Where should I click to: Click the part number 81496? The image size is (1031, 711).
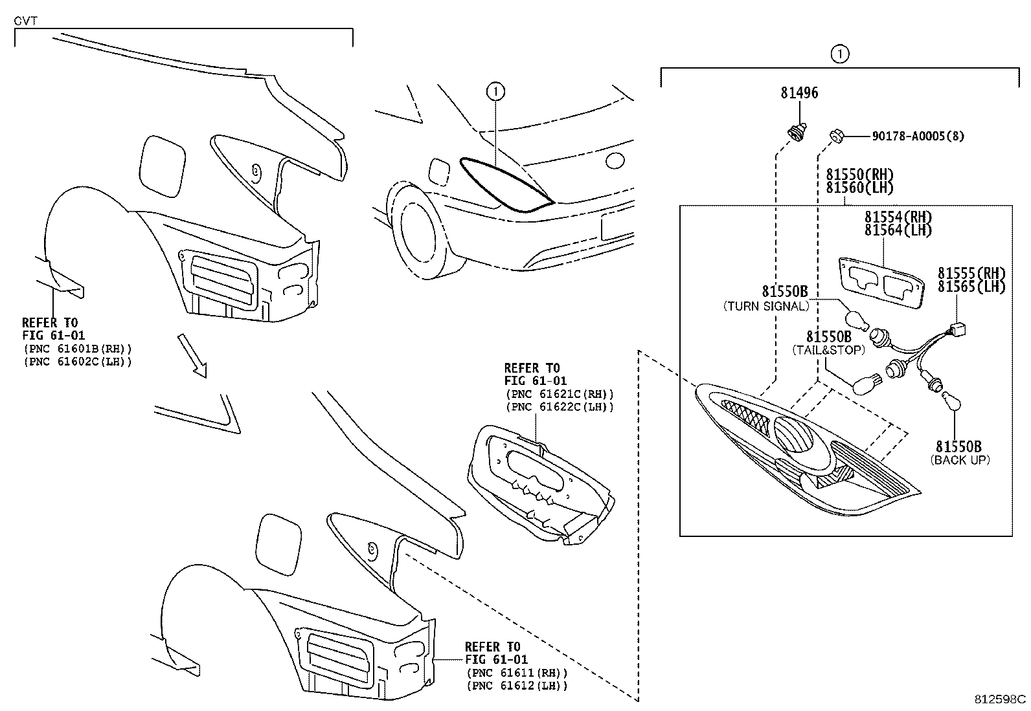799,93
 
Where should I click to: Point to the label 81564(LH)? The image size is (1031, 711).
898,230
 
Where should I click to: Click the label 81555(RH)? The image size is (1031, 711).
971,274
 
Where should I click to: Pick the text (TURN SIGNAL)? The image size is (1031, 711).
765,307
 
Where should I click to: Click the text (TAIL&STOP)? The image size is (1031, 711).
828,350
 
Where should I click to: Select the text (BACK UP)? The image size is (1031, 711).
960,460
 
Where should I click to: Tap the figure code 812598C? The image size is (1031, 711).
1001,699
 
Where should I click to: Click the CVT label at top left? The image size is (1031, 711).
25,21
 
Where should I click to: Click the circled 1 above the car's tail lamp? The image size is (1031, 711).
495,93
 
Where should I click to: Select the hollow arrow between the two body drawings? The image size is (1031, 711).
194,355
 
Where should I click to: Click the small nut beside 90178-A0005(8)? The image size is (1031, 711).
836,136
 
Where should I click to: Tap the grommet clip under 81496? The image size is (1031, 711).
796,131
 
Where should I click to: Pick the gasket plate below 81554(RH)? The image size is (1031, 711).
881,279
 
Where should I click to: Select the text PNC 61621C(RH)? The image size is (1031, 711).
558,394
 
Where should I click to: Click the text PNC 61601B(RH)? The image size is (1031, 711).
77,349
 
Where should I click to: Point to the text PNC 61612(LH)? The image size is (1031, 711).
516,685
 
